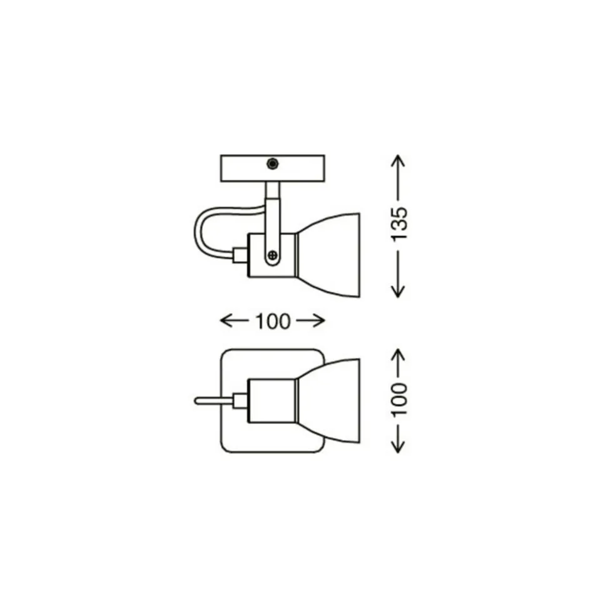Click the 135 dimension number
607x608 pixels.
399,225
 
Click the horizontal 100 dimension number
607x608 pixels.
272,321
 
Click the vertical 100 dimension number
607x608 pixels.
400,399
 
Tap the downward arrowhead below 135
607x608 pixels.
398,291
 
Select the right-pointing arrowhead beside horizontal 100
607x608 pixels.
319,321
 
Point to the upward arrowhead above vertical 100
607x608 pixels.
398,355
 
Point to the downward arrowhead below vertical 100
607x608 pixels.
398,446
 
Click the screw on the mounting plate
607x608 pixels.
272,163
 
